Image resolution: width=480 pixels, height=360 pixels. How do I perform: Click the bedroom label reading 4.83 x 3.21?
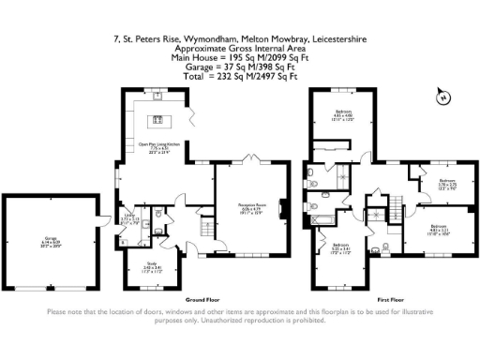point(440,229)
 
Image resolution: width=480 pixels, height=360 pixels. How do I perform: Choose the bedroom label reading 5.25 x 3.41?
point(340,249)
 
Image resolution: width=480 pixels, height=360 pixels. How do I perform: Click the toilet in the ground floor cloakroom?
point(160,217)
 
